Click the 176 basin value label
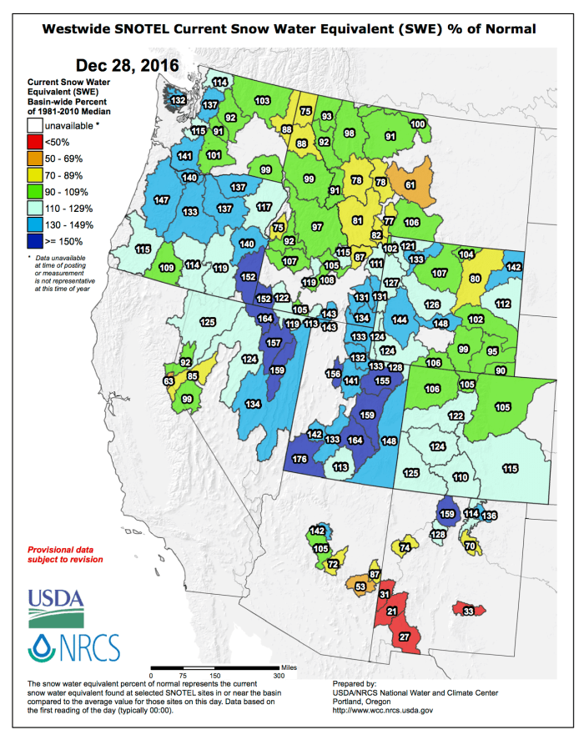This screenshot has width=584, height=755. [x=300, y=459]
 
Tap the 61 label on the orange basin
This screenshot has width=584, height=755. [x=410, y=184]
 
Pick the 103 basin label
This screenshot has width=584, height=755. [x=262, y=100]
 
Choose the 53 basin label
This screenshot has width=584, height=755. [x=360, y=587]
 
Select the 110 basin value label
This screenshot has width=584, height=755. [x=460, y=477]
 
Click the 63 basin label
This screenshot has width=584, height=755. [x=169, y=381]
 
